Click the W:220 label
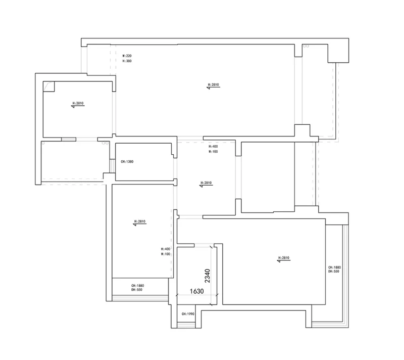pos(127,55)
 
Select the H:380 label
pos(127,61)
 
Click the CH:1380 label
pos(127,162)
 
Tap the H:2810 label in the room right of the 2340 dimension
pos(284,258)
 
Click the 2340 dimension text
pos(207,276)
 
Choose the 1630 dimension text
pos(196,291)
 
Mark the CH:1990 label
pos(188,314)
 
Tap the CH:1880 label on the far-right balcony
pos(334,267)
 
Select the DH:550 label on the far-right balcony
pos(334,272)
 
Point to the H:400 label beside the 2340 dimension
pos(166,249)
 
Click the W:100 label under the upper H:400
pos(213,151)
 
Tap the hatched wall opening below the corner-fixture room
pos(68,139)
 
